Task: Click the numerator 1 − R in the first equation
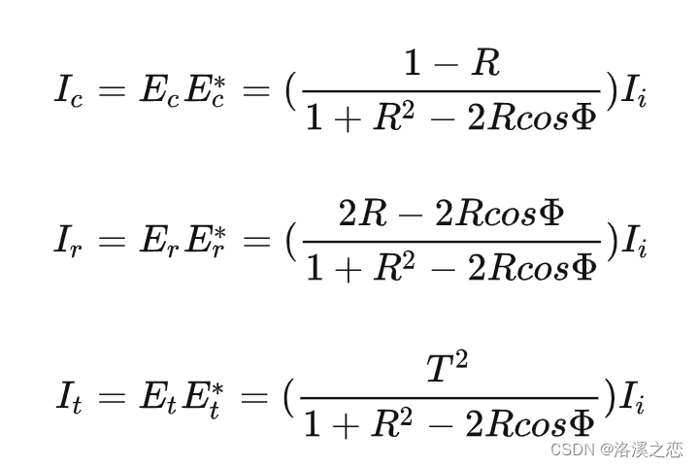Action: coord(451,65)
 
